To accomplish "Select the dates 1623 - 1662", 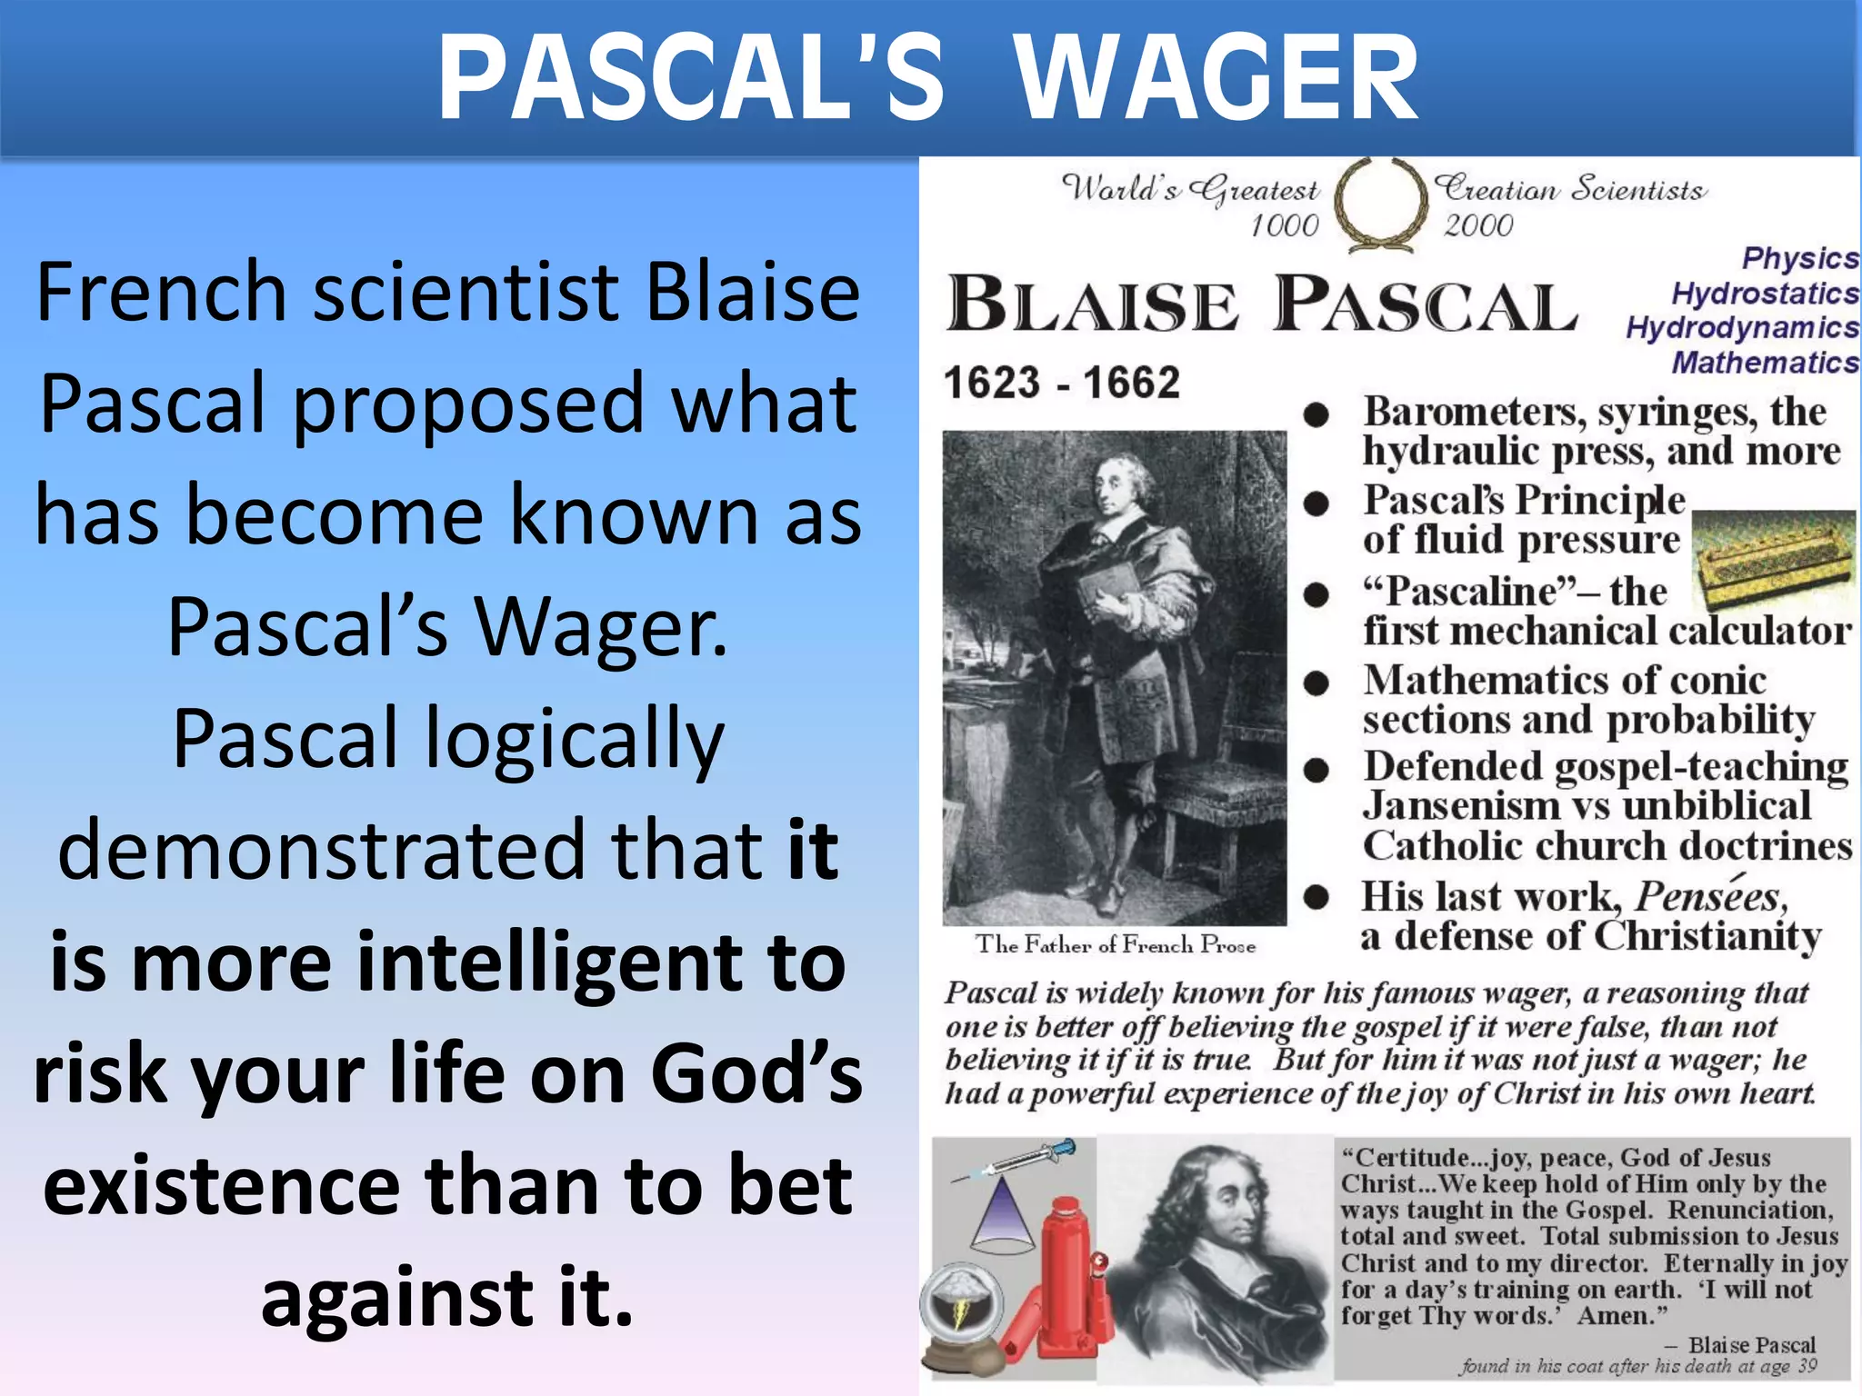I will tap(1061, 383).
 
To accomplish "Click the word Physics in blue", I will tap(1799, 258).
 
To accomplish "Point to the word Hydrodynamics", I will tap(1742, 327).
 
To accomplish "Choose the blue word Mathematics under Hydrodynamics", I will tap(1765, 363).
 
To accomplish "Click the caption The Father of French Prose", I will tap(1116, 945).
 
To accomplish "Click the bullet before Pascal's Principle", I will tap(1316, 504).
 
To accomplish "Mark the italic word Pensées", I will tap(1710, 897).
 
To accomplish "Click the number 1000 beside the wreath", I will tap(1284, 225).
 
